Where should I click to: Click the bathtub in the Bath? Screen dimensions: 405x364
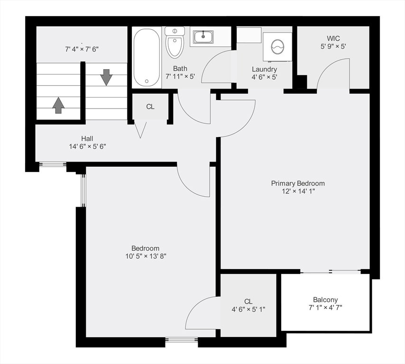pos(147,57)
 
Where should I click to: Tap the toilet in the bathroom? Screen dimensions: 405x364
pos(175,42)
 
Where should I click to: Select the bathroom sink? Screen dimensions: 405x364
pos(203,37)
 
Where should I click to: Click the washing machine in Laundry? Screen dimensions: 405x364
pos(277,47)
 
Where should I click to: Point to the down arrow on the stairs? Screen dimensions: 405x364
pos(106,77)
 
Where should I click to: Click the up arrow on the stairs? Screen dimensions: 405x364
pos(59,105)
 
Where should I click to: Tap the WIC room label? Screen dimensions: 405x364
pos(333,38)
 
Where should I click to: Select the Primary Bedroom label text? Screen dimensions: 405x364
pos(298,183)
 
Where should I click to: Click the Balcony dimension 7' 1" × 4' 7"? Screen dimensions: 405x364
pos(325,308)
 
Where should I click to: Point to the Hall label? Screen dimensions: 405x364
pos(87,138)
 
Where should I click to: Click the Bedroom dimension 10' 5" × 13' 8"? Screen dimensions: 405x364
pos(146,256)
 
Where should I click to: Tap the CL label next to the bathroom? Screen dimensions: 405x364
pos(150,107)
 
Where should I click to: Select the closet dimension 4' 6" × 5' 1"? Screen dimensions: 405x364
pos(249,309)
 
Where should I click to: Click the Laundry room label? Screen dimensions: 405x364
pos(264,69)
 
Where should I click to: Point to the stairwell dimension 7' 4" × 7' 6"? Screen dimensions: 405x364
pos(82,49)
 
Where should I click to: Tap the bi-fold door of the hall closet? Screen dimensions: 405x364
pos(140,130)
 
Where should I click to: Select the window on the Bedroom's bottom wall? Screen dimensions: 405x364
pos(182,340)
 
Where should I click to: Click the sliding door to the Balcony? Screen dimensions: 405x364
pos(331,271)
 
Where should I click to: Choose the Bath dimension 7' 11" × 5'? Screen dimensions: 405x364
pos(180,77)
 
